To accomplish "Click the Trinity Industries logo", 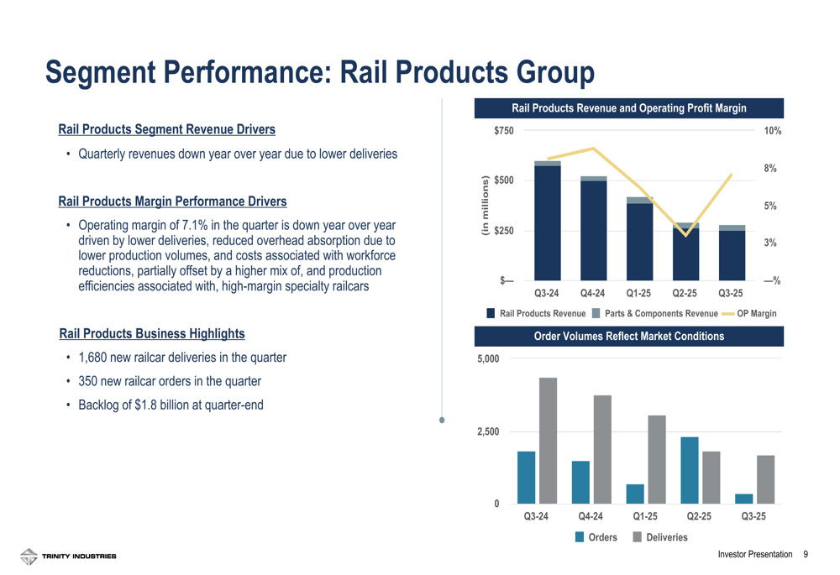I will [x=69, y=556].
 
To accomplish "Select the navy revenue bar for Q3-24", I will [x=548, y=222].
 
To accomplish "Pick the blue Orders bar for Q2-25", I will [x=690, y=470].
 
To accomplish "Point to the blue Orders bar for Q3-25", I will [x=744, y=499].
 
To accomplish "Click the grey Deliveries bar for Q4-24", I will [x=602, y=449].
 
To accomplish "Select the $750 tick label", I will [x=504, y=131].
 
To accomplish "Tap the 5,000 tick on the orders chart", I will [x=489, y=358].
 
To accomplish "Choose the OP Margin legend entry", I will [x=755, y=313].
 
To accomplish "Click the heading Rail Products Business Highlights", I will [x=152, y=333].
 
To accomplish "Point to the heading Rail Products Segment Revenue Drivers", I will [x=166, y=129].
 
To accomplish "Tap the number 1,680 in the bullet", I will [x=93, y=358].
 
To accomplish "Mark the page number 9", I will [x=806, y=555].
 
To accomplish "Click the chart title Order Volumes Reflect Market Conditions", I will [x=629, y=337].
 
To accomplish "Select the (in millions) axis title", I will [x=484, y=206].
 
